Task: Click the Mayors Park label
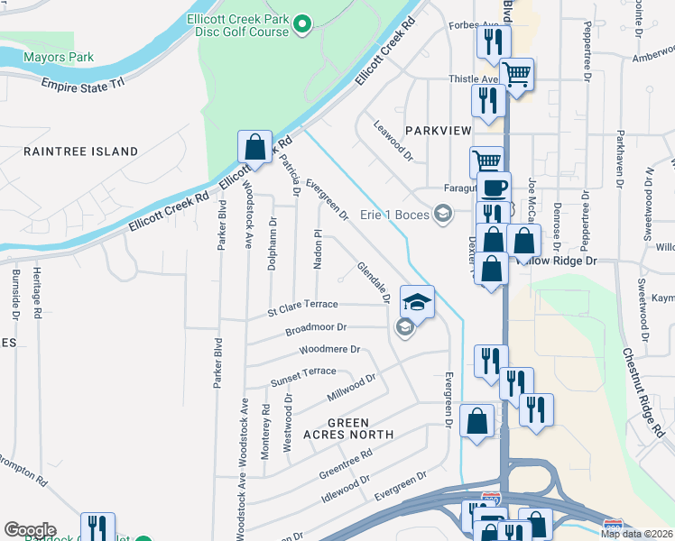point(60,58)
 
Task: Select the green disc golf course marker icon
point(303,24)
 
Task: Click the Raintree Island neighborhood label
point(80,151)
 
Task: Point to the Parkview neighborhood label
point(438,131)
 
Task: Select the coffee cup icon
point(494,187)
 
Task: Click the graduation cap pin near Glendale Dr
point(417,300)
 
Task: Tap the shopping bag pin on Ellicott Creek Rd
point(254,146)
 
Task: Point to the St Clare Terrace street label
point(302,309)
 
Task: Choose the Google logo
point(30,530)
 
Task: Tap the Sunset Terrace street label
point(303,377)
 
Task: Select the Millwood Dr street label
point(351,389)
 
